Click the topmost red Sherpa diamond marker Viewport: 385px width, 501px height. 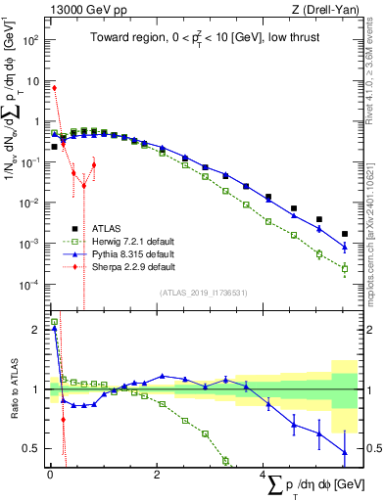[54, 88]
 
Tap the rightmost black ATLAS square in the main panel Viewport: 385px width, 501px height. [344, 234]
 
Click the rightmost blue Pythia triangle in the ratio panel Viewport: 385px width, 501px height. [344, 451]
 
